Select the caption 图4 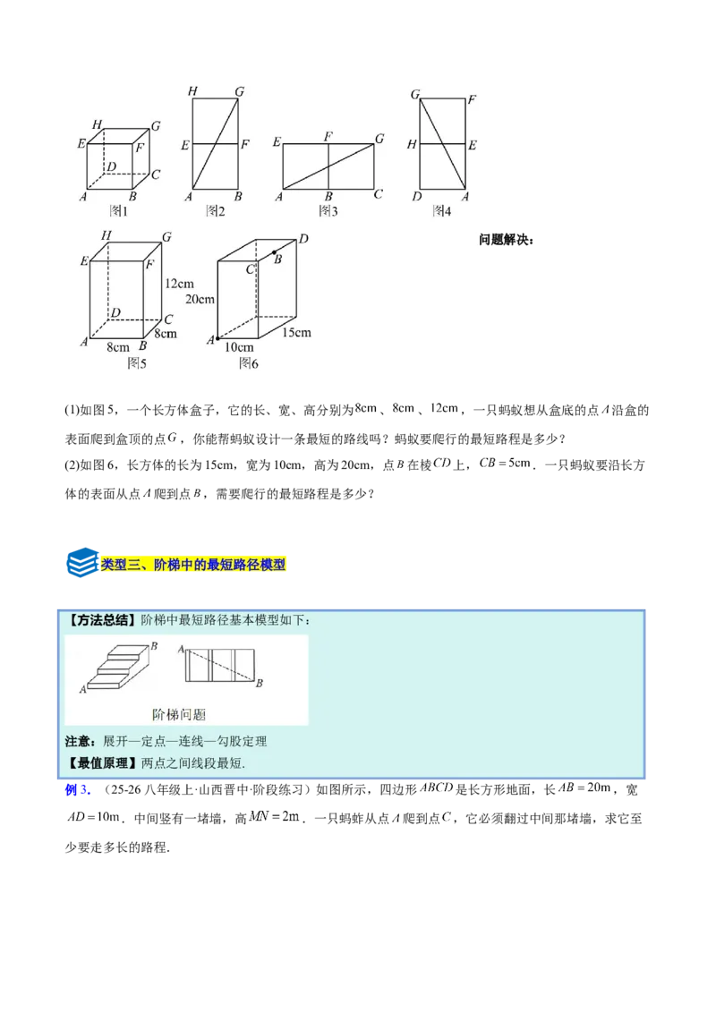pyautogui.click(x=441, y=211)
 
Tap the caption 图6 pyautogui.click(x=248, y=362)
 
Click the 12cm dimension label pyautogui.click(x=180, y=284)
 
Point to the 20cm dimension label pyautogui.click(x=200, y=299)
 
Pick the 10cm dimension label pyautogui.click(x=239, y=347)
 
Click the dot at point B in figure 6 pyautogui.click(x=274, y=254)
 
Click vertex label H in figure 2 pyautogui.click(x=192, y=91)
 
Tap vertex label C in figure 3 pyautogui.click(x=378, y=194)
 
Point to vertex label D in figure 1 pyautogui.click(x=111, y=167)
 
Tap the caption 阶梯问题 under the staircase pyautogui.click(x=179, y=714)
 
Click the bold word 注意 pyautogui.click(x=79, y=741)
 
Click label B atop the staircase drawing pyautogui.click(x=155, y=646)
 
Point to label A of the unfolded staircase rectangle pyautogui.click(x=182, y=649)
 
